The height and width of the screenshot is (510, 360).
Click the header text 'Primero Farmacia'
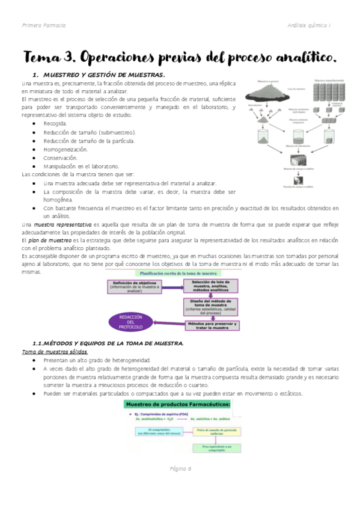click(x=44, y=25)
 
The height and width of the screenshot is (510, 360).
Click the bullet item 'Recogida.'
click(x=55, y=123)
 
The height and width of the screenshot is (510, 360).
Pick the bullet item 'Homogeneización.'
click(x=66, y=149)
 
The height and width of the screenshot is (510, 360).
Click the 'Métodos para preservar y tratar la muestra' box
click(x=212, y=325)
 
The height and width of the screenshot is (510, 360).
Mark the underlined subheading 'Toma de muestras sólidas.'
click(x=55, y=351)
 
